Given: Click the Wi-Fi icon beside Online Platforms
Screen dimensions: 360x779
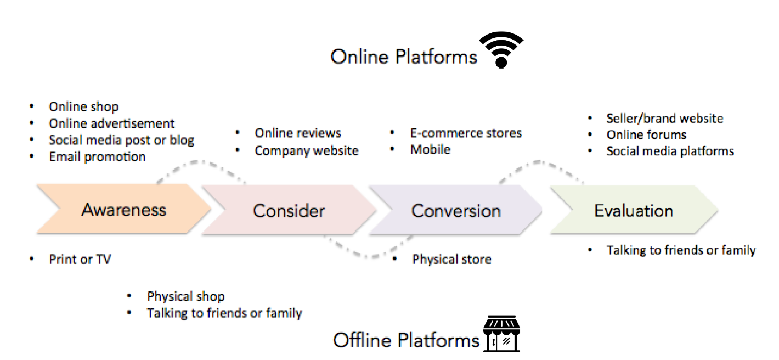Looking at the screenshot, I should point(501,49).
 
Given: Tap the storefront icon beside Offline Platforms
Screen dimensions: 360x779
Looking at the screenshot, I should point(501,334).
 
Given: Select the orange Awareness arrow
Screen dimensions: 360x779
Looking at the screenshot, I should point(123,210).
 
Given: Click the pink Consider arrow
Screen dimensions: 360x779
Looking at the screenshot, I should point(289,211).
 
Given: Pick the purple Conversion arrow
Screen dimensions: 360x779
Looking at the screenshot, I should point(456,211).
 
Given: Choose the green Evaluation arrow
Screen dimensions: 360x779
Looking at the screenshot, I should point(634,210).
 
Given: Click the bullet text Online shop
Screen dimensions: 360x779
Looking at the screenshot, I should point(83,106).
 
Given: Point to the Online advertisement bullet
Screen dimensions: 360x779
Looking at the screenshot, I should point(111,123).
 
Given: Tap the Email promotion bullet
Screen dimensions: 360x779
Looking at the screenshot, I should point(97,157).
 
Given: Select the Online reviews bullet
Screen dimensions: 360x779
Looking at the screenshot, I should point(298,133).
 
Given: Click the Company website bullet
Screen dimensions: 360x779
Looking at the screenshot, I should point(306,150).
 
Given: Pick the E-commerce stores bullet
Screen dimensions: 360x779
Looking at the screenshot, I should point(466,133).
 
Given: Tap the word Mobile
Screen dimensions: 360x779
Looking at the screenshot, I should point(430,149).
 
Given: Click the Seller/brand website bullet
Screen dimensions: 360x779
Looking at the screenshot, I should point(664,119).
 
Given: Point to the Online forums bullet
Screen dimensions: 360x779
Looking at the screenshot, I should point(646,135).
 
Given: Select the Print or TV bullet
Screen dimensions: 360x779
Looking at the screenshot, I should point(80,259).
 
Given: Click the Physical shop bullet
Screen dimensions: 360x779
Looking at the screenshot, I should point(185,297).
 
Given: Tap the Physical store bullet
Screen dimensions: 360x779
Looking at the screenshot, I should point(451,259).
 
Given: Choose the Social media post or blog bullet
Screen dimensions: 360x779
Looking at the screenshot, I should point(121,140).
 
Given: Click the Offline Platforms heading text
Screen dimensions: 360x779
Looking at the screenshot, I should point(406,340).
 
